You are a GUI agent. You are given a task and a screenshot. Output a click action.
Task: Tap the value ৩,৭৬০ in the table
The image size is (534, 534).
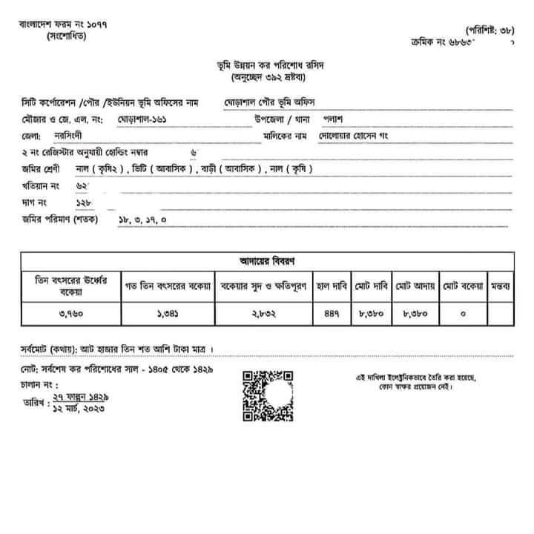click(71, 313)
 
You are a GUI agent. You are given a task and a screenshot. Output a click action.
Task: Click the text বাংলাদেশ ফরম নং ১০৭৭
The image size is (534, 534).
click(63, 24)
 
